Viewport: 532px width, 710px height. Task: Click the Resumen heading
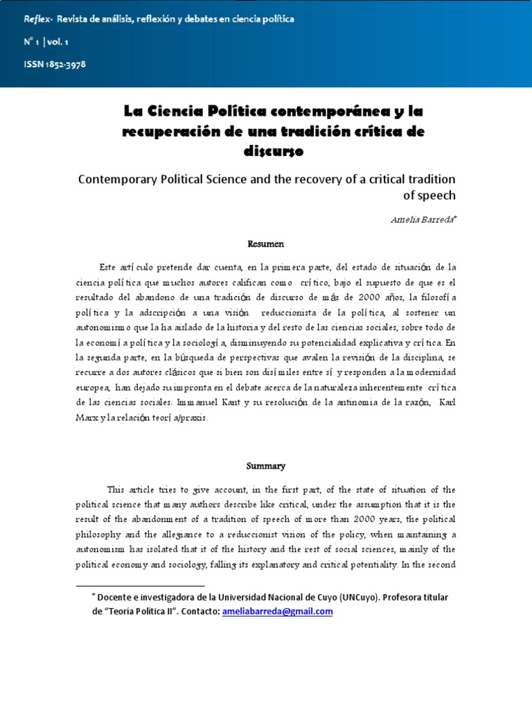[x=266, y=244]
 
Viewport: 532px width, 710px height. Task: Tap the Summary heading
[x=266, y=466]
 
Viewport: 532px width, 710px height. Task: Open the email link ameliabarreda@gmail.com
[x=278, y=611]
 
